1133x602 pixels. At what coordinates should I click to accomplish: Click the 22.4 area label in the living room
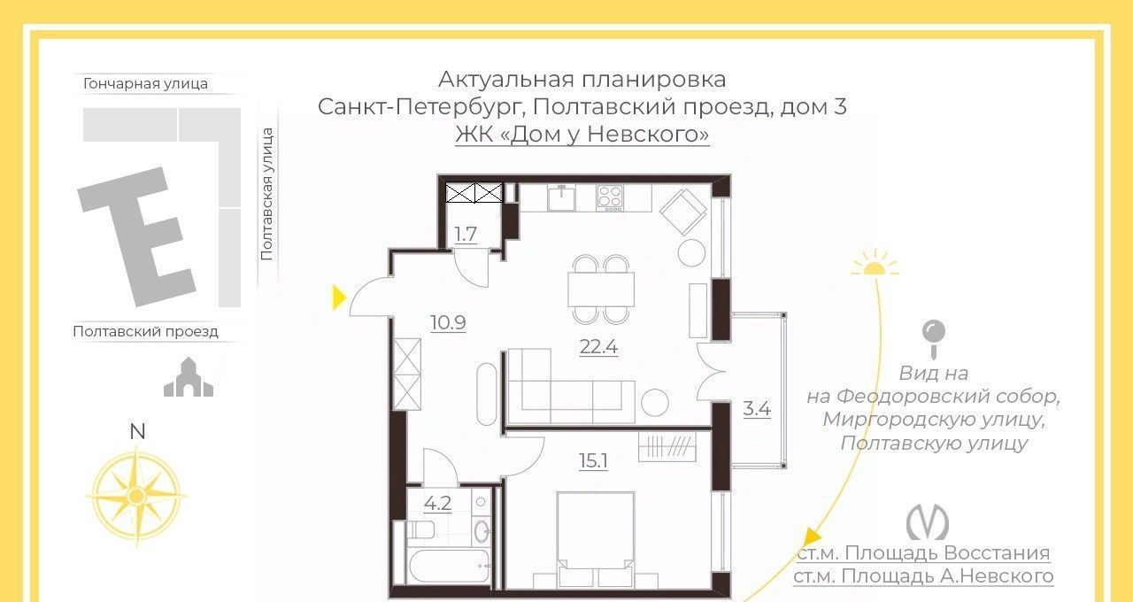[598, 347]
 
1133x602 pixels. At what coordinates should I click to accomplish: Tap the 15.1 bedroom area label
[593, 461]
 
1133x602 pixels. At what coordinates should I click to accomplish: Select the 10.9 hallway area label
[448, 322]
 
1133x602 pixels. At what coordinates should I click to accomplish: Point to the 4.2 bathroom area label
[437, 504]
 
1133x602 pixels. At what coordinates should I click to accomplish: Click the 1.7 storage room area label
[466, 235]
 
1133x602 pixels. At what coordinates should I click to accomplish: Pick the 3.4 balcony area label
[757, 408]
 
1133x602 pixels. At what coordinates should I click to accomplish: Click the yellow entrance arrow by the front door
[339, 297]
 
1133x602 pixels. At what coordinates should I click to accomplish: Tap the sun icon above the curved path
[875, 263]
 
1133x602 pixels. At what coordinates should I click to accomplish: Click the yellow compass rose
[136, 497]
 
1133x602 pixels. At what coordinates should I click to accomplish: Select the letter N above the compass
[137, 431]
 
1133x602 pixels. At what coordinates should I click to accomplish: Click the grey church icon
[189, 377]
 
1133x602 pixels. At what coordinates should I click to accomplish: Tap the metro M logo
[927, 522]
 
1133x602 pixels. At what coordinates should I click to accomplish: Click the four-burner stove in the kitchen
[610, 197]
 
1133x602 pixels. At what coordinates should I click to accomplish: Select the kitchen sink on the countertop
[561, 197]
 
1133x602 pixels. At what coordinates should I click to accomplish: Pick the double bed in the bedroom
[596, 539]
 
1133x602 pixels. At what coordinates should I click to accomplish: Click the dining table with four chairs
[601, 289]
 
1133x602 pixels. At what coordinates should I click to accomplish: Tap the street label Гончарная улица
[145, 83]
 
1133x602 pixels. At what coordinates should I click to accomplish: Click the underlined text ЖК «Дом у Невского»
[582, 135]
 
